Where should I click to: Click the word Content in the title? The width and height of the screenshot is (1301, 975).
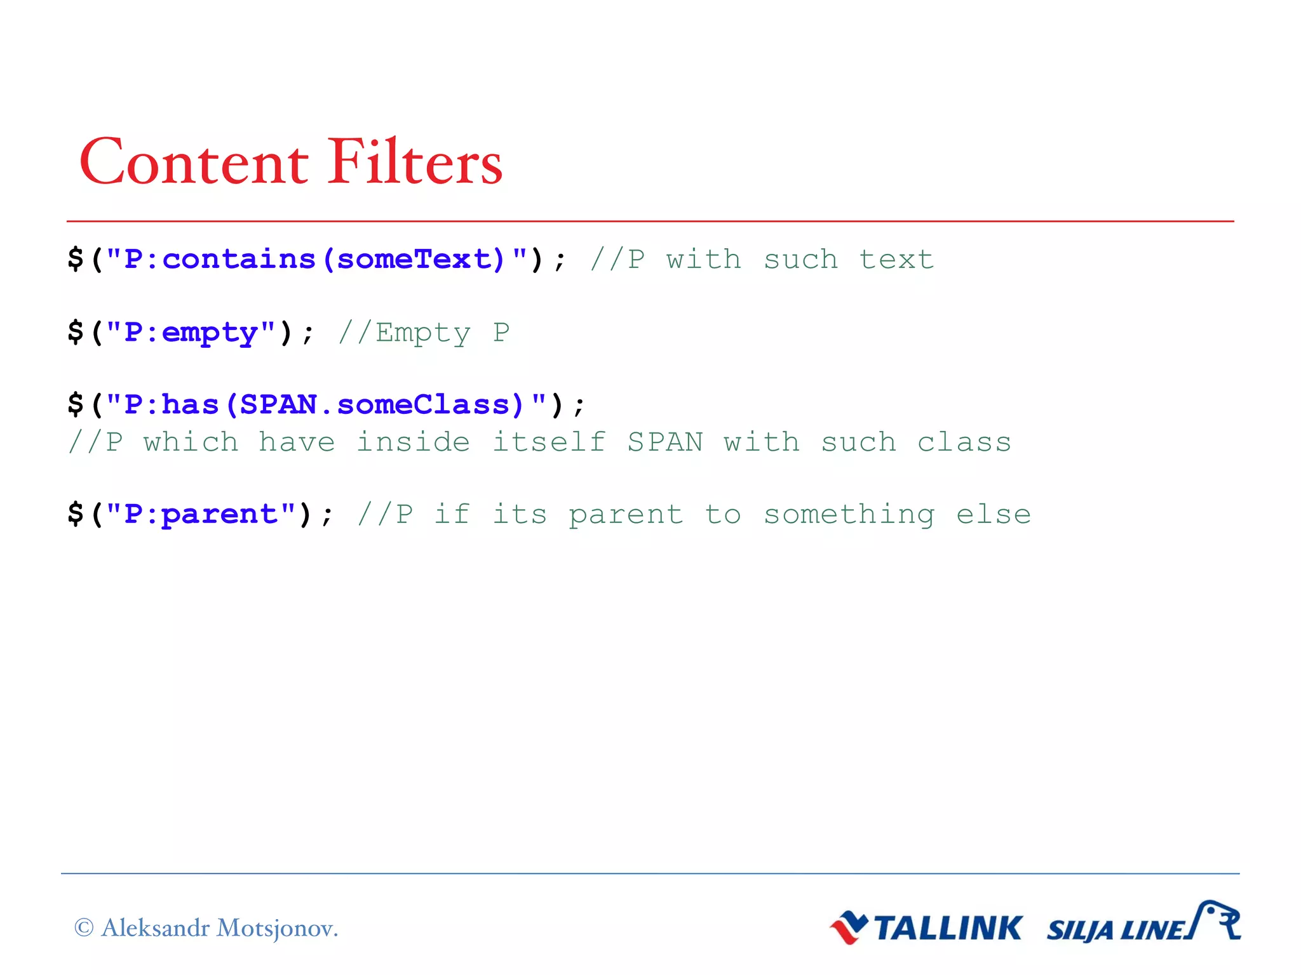point(194,162)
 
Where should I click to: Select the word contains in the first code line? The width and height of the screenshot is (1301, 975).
point(239,260)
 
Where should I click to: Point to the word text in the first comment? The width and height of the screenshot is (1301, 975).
point(896,260)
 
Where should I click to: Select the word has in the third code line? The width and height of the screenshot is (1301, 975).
point(190,405)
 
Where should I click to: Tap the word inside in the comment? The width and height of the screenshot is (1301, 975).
point(413,442)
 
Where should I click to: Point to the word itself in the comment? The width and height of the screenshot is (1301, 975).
point(549,442)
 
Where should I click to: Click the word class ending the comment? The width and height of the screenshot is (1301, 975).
point(964,442)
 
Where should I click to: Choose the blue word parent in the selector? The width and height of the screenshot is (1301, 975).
point(219,515)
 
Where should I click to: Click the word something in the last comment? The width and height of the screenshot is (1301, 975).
point(849,515)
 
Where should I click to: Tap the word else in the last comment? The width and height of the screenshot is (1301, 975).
point(994,515)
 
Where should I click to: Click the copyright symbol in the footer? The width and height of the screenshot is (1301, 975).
point(84,928)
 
